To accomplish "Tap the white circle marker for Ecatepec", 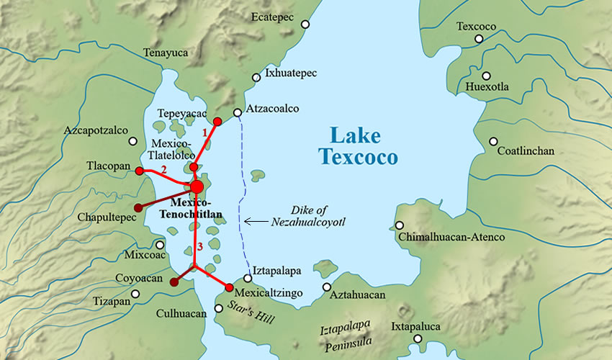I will (x=305, y=24).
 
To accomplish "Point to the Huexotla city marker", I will (x=487, y=76).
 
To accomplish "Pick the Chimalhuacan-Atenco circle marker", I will (x=400, y=225).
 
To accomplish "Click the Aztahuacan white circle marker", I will (x=327, y=287).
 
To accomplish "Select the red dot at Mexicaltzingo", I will (x=230, y=288).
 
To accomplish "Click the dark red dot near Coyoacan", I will (x=174, y=282).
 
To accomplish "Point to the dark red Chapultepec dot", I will (x=138, y=208).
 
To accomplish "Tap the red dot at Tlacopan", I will (x=140, y=171).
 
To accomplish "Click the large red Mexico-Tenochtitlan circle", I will (x=197, y=187).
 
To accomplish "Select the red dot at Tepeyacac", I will (x=217, y=121).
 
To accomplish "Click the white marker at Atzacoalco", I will (x=238, y=112).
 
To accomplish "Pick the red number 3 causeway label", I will (x=189, y=248).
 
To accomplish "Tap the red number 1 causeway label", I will (x=204, y=132).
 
